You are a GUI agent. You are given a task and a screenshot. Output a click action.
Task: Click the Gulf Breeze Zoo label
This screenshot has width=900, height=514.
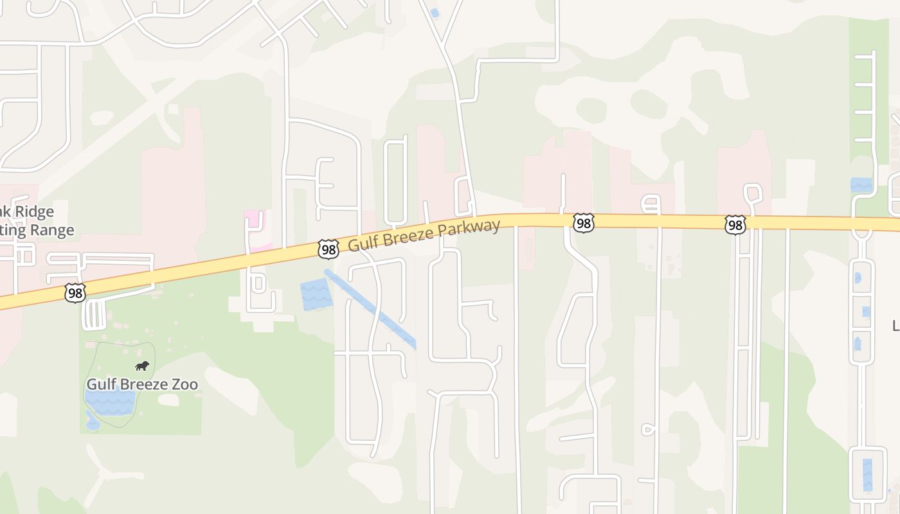click(142, 384)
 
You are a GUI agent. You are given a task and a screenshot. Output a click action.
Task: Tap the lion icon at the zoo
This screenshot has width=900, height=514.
click(142, 366)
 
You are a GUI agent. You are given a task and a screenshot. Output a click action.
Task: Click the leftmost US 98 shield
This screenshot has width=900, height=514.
click(75, 293)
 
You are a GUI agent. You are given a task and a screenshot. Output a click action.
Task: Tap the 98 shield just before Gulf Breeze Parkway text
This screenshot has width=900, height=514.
click(328, 249)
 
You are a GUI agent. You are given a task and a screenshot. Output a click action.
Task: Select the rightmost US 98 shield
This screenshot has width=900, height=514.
click(735, 224)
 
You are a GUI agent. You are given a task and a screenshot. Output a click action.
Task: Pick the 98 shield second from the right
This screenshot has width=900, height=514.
click(583, 223)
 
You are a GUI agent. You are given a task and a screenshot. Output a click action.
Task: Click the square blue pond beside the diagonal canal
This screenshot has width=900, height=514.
click(314, 295)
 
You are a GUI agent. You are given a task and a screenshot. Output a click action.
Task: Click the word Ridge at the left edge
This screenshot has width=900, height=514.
click(35, 211)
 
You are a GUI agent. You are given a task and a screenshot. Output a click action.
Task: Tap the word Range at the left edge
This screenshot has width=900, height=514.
click(55, 230)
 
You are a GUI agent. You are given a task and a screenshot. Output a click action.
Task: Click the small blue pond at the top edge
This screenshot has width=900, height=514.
click(435, 13)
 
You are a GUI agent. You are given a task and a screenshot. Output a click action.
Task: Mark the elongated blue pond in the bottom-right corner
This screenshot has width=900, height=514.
click(867, 475)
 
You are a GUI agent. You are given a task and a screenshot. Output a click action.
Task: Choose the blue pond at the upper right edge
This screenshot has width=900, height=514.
click(861, 185)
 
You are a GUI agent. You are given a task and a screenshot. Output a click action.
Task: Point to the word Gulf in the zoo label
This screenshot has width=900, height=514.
click(100, 384)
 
